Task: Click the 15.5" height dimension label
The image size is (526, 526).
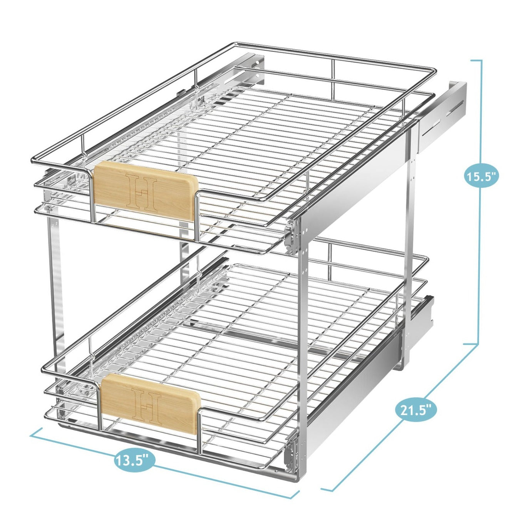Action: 481,177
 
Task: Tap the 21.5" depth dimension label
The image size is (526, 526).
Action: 416,410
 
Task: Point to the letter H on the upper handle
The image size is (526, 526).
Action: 142,191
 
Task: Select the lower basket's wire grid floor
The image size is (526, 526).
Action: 250,339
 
